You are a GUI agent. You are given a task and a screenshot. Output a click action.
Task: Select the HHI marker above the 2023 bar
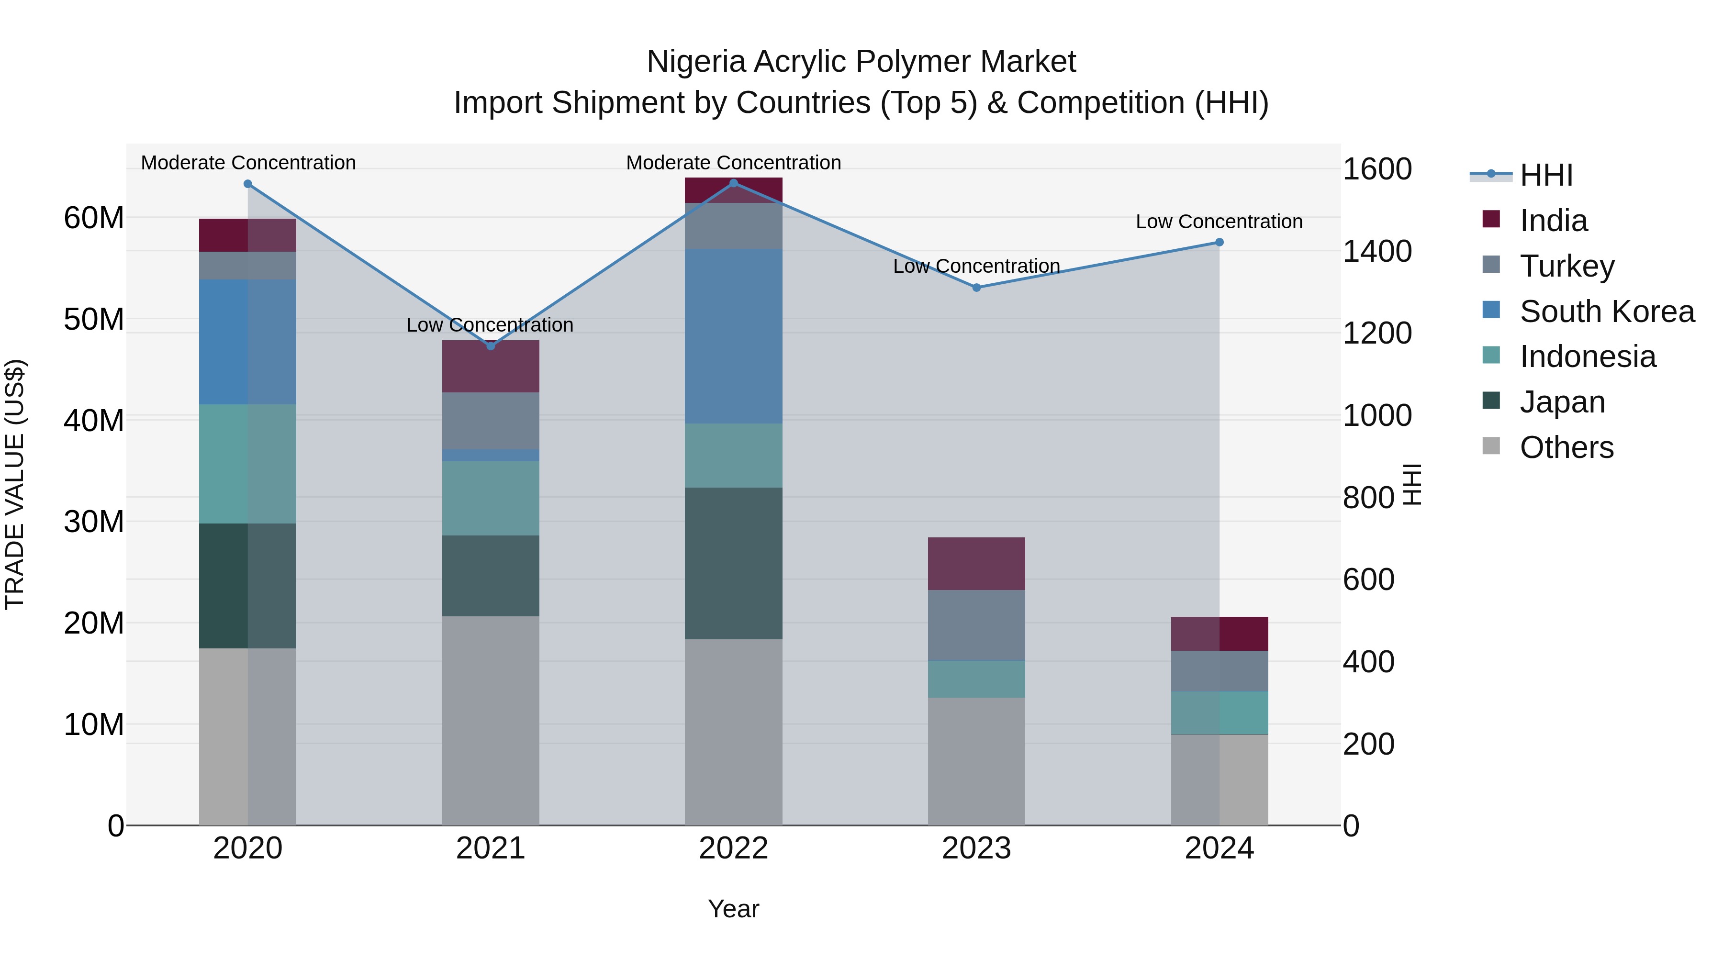click(x=976, y=288)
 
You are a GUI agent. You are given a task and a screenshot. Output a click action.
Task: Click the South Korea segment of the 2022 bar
click(x=733, y=336)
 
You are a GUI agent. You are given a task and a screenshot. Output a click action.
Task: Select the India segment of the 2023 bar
click(x=976, y=564)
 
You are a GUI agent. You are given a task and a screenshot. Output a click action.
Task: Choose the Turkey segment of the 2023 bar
click(x=976, y=625)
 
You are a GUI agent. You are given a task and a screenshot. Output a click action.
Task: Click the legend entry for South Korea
click(x=1606, y=312)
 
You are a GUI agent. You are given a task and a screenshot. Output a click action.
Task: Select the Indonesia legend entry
click(x=1587, y=356)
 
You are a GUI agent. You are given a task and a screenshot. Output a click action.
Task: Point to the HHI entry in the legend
click(x=1545, y=175)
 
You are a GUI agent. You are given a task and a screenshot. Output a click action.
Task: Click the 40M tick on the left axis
click(x=94, y=421)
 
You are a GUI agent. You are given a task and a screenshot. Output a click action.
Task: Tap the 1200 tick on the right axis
click(x=1376, y=333)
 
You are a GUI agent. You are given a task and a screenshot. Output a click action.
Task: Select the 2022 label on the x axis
click(x=733, y=848)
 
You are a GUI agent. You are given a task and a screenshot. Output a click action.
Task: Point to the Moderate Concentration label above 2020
click(x=248, y=163)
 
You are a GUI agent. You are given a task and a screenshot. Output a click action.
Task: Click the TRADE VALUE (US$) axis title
click(x=15, y=484)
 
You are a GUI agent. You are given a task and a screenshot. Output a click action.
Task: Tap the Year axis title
click(x=733, y=909)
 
